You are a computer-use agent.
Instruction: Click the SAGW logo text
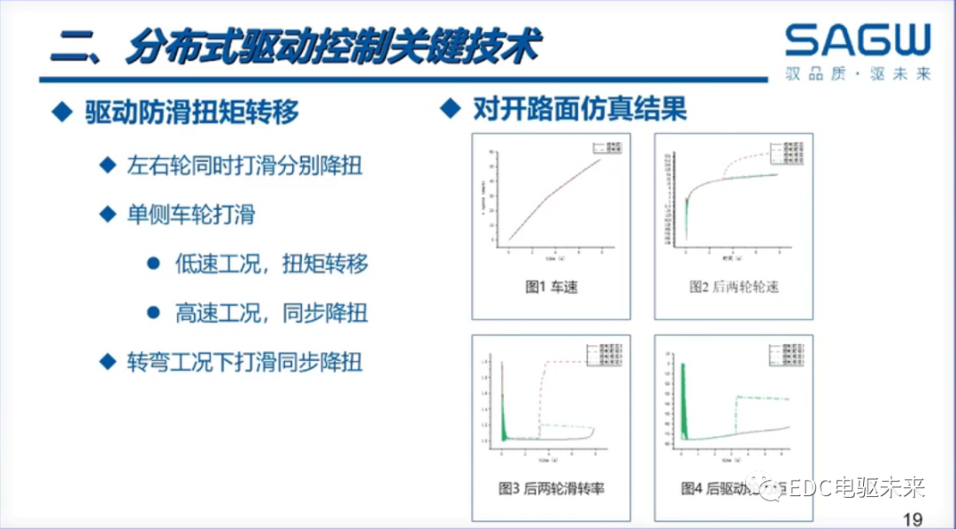click(857, 41)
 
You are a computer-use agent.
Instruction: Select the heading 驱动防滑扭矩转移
click(192, 112)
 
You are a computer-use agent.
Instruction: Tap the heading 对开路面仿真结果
click(580, 110)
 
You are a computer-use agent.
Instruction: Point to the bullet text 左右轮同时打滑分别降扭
click(244, 165)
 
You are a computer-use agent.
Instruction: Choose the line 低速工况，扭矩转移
click(271, 264)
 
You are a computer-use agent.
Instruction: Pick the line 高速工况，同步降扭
click(271, 312)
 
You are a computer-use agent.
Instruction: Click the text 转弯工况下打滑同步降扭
click(244, 362)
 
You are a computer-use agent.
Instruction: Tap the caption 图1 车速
click(551, 287)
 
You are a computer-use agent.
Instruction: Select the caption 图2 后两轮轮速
click(734, 287)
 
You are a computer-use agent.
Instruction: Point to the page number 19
click(912, 517)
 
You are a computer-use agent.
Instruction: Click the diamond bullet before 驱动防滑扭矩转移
click(60, 111)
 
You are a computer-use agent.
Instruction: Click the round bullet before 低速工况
click(153, 264)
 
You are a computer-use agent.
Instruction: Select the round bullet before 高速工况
click(153, 312)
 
